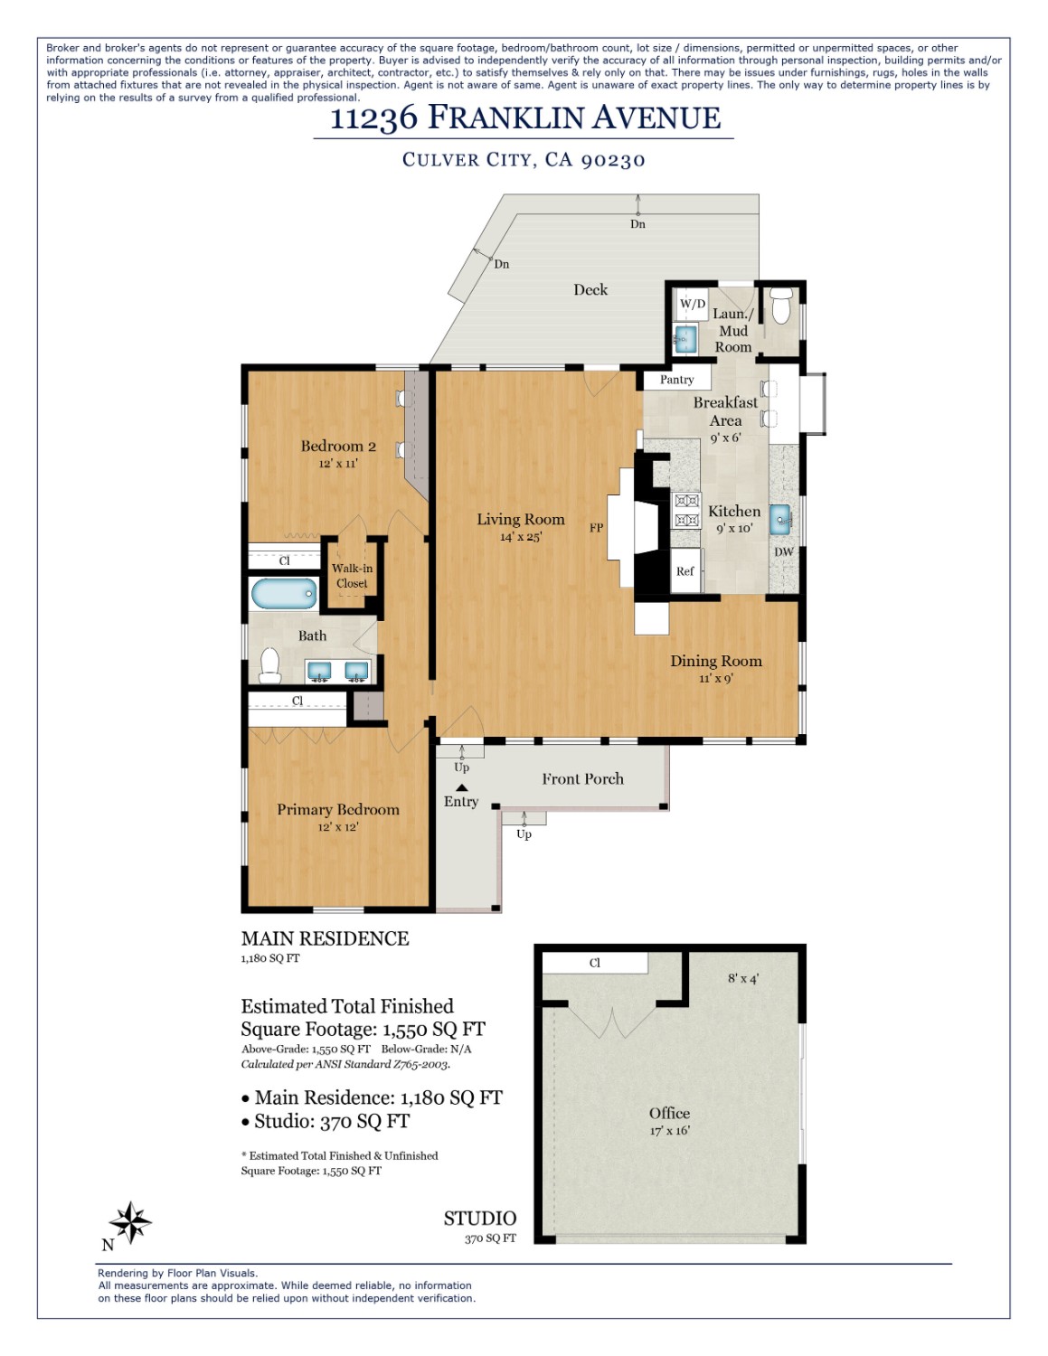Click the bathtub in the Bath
point(284,594)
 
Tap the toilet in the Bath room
point(269,664)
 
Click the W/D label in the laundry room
point(693,304)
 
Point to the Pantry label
point(676,380)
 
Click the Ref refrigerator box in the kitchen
point(685,571)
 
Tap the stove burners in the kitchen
point(686,511)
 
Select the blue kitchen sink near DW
point(779,520)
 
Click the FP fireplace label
point(596,528)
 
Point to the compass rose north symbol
point(131,1223)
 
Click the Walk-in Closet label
point(352,576)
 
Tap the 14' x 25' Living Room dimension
point(520,537)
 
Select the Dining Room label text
point(715,661)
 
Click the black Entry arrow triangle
point(461,787)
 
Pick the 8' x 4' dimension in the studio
point(743,978)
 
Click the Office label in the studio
point(669,1113)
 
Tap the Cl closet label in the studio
point(594,963)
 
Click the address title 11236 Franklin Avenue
point(524,118)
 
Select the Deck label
point(590,289)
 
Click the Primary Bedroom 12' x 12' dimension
point(337,827)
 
